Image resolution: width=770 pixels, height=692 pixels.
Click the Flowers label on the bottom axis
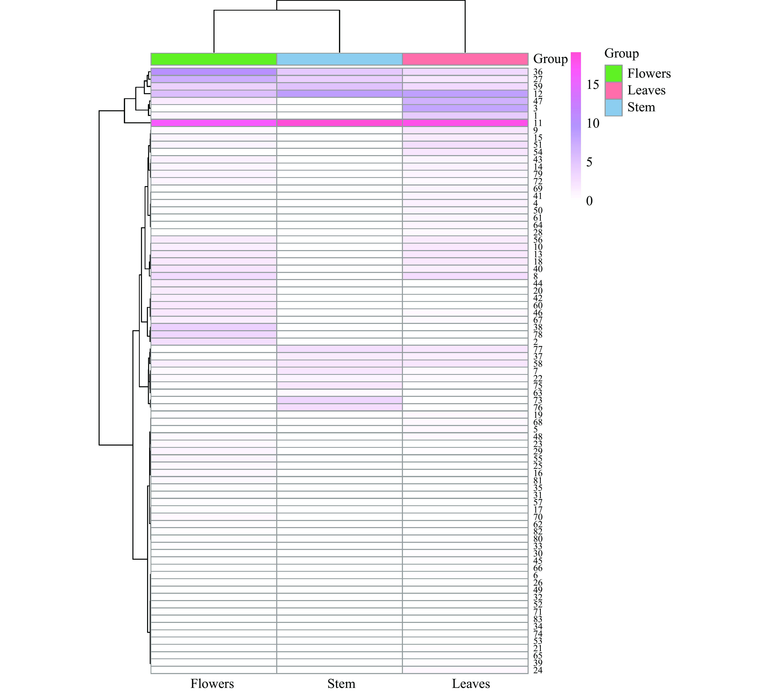(x=212, y=683)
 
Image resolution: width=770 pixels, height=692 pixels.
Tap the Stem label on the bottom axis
(x=341, y=683)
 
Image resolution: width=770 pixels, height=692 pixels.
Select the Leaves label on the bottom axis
(x=471, y=683)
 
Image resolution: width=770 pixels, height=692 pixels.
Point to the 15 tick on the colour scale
(x=593, y=84)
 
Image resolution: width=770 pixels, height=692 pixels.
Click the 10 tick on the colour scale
(x=593, y=123)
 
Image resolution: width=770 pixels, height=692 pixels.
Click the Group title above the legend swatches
(x=621, y=53)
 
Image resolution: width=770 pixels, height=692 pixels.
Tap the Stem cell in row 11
(x=339, y=123)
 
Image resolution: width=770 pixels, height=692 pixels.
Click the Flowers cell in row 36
(x=214, y=72)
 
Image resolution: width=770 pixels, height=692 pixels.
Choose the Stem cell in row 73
(x=339, y=400)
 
